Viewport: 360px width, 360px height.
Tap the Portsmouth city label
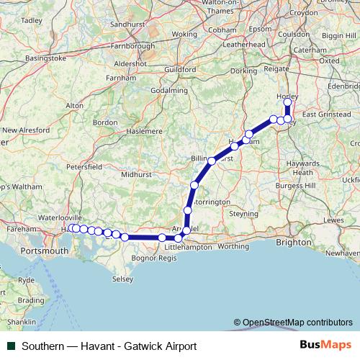[x=44, y=251]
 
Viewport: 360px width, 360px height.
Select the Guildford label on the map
[x=181, y=69]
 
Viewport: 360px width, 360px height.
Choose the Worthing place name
[x=232, y=246]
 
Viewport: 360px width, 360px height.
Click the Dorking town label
[x=244, y=71]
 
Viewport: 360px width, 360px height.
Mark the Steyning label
[x=243, y=214]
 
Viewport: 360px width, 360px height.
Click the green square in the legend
[x=13, y=346]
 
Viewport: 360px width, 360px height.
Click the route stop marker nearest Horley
[x=288, y=102]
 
